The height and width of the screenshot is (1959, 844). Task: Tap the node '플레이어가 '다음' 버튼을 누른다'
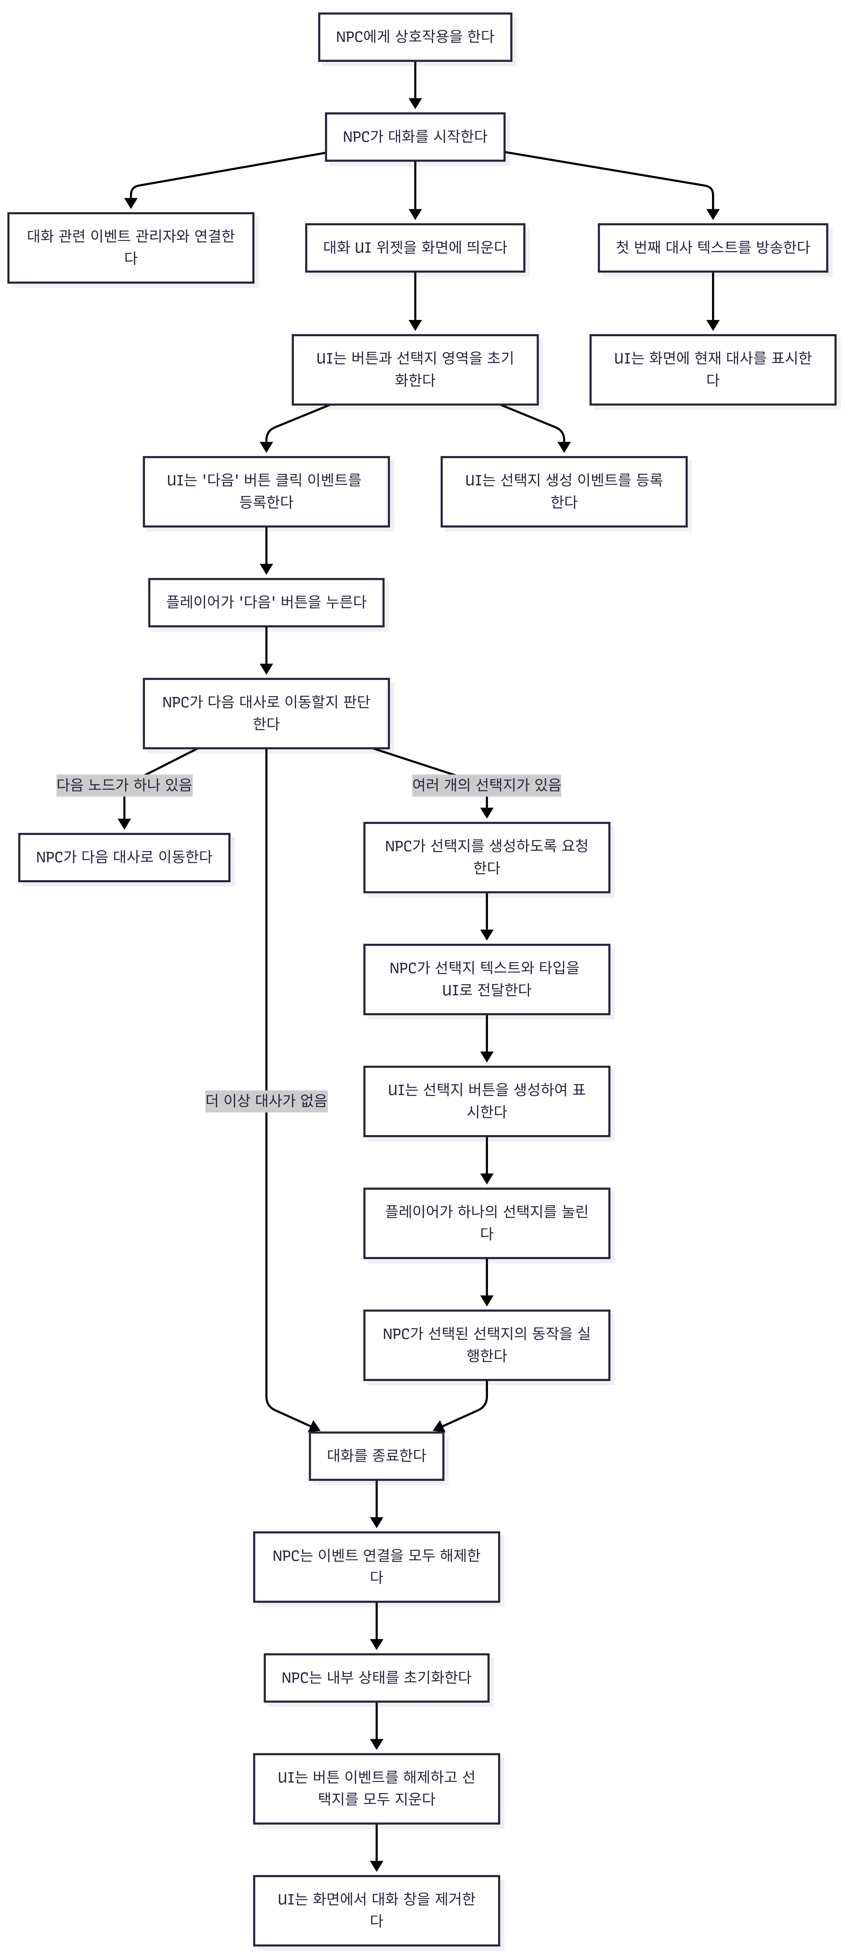point(266,602)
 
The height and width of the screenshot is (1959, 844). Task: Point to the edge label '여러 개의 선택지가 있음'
point(487,785)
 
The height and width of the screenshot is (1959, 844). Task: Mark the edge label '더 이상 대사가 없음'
point(266,1100)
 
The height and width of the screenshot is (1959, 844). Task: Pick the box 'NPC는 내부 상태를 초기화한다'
point(376,1678)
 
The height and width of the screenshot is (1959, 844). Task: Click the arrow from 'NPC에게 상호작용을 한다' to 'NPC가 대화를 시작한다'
point(415,85)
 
